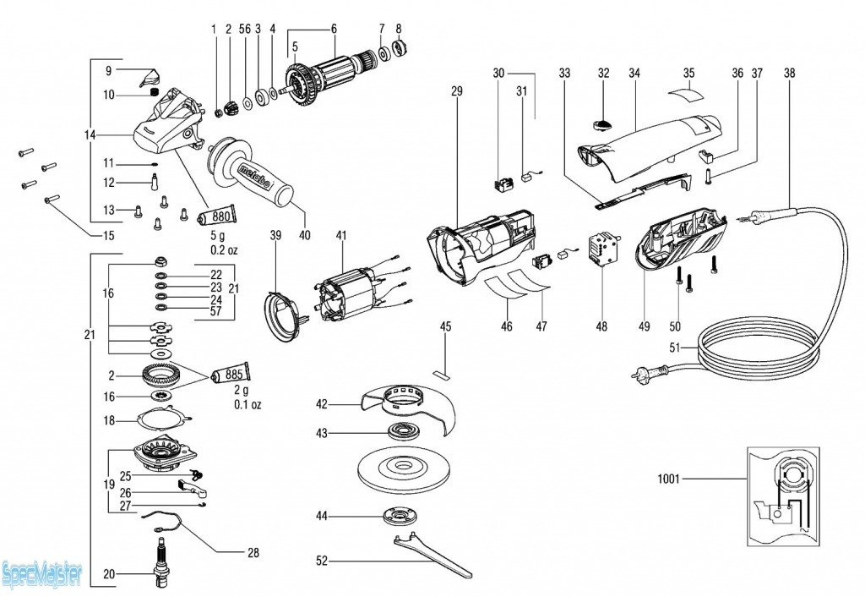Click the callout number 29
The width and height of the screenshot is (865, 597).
pyautogui.click(x=457, y=90)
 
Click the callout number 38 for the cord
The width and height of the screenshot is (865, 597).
pyautogui.click(x=789, y=74)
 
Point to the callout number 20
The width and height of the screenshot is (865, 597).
pyautogui.click(x=109, y=574)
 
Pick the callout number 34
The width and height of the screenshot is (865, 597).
pyautogui.click(x=634, y=74)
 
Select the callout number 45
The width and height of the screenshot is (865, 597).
pyautogui.click(x=446, y=326)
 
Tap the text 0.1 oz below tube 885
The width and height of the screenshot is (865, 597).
pyautogui.click(x=248, y=405)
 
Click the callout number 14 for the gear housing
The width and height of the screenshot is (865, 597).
pyautogui.click(x=90, y=134)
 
